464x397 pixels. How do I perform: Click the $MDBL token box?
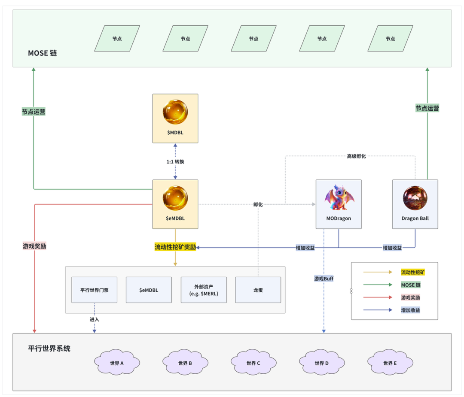(x=175, y=118)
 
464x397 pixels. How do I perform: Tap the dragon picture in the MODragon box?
(x=339, y=198)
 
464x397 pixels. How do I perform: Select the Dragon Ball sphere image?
(x=415, y=198)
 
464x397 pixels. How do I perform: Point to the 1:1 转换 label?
(x=175, y=162)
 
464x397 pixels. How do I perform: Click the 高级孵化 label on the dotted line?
(x=356, y=156)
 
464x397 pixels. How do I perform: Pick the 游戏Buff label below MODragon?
(x=324, y=279)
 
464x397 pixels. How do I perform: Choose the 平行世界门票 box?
(x=94, y=290)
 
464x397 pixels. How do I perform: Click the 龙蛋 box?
(x=258, y=290)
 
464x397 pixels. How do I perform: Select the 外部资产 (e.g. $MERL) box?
(x=203, y=290)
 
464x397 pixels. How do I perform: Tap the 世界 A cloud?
(x=116, y=363)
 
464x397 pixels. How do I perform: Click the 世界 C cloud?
(x=253, y=363)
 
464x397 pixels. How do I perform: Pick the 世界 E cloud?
(x=390, y=363)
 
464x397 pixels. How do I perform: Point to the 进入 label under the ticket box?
(x=94, y=319)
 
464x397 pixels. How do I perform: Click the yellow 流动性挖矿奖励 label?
(x=175, y=247)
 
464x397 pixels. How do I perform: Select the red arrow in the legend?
(x=377, y=297)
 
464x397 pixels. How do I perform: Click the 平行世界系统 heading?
(x=49, y=349)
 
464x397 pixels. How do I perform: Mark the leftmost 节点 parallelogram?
(x=117, y=39)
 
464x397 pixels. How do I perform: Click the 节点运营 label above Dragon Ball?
(x=427, y=109)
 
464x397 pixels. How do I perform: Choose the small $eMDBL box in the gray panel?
(x=149, y=290)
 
